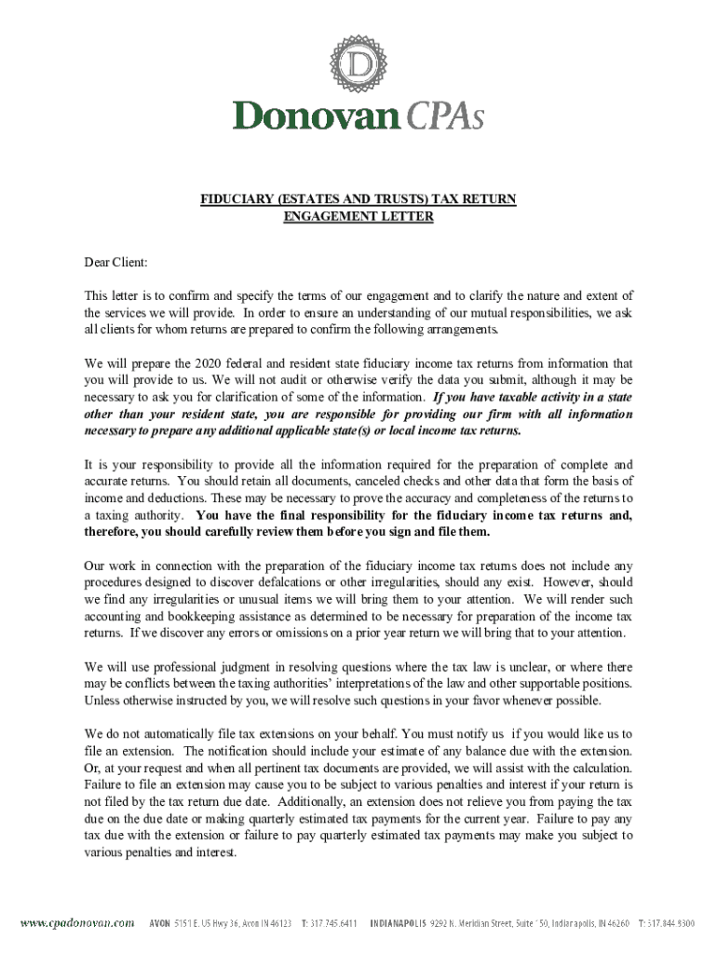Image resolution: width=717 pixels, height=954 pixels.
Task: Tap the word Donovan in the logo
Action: pyautogui.click(x=315, y=116)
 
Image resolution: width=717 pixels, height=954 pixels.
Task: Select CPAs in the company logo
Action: pyautogui.click(x=444, y=116)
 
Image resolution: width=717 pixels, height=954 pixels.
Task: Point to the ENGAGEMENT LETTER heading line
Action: pyautogui.click(x=358, y=217)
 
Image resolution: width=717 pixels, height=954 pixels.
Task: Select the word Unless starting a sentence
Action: pyautogui.click(x=102, y=701)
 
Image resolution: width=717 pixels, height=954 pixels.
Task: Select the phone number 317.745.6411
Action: pyautogui.click(x=330, y=923)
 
